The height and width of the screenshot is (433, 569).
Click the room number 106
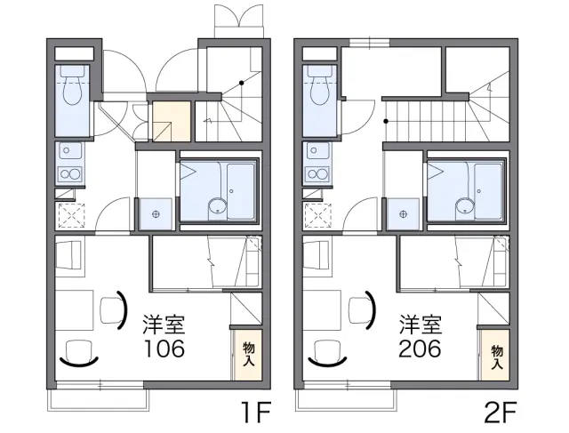[164, 349]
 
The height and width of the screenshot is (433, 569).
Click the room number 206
[420, 349]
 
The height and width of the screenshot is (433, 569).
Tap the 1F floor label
[257, 413]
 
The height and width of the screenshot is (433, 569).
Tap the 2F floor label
[501, 413]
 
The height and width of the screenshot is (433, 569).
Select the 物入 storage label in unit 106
[248, 354]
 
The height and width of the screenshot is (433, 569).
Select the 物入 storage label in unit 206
[497, 357]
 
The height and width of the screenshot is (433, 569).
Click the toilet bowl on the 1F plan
[71, 91]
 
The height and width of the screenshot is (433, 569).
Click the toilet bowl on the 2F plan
[319, 91]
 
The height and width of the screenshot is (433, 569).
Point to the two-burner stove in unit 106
[70, 173]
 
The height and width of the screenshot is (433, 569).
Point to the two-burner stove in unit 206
[318, 173]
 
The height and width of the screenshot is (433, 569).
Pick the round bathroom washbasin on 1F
[217, 208]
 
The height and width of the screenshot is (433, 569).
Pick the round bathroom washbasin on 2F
[465, 208]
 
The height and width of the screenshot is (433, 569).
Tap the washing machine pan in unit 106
[156, 214]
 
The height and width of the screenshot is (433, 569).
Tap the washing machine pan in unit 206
[403, 214]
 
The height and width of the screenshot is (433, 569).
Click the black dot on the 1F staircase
[241, 83]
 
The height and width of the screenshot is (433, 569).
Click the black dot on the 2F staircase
[386, 121]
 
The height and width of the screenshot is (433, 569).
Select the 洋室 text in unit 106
[164, 325]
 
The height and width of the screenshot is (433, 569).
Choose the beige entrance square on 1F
[172, 121]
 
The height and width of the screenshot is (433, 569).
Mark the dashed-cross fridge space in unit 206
[318, 215]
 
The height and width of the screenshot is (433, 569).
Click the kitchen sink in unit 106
[70, 151]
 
